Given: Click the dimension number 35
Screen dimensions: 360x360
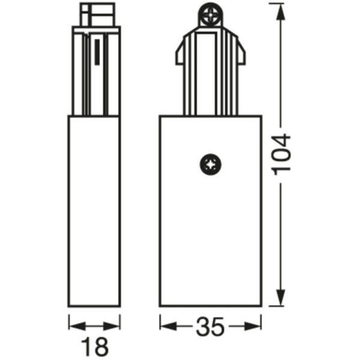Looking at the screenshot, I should (209, 328).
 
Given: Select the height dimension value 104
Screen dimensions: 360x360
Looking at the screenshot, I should (281, 153).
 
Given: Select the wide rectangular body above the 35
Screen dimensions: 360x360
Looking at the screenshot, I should (210, 240).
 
